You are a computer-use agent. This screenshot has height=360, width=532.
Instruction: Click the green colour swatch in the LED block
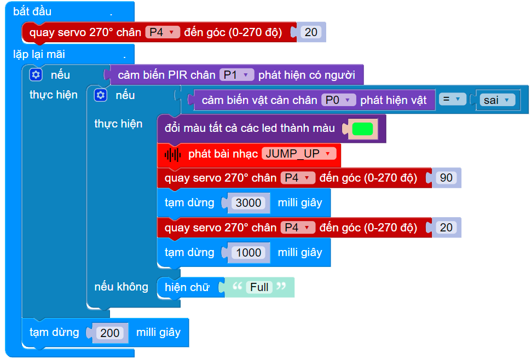[362, 129]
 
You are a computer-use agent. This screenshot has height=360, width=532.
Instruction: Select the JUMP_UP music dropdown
[298, 154]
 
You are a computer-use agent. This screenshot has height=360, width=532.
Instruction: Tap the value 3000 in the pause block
[248, 202]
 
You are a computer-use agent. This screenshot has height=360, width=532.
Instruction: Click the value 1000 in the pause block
[248, 252]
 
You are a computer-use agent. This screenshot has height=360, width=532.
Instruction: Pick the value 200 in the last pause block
[109, 333]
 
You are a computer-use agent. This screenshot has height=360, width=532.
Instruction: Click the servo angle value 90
[446, 178]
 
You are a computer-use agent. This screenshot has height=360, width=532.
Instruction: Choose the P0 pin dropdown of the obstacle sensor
[338, 100]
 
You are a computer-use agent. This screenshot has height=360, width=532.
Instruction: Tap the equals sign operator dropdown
[452, 100]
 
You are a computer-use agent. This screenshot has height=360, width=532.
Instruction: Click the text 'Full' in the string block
[259, 287]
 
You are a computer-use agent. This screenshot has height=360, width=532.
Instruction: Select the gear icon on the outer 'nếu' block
[36, 75]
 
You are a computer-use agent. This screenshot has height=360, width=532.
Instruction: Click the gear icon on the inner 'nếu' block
[101, 95]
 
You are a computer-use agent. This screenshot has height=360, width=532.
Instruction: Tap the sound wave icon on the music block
[173, 154]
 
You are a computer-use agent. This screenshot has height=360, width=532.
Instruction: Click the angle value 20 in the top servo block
[310, 32]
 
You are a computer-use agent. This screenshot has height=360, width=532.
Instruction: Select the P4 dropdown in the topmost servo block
[162, 32]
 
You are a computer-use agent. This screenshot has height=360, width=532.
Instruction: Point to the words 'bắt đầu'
[32, 11]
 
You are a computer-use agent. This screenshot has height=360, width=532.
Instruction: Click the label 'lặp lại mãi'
[39, 54]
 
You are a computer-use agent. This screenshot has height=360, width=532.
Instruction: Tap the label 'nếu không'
[121, 287]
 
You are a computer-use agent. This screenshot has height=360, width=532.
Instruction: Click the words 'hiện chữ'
[187, 287]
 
